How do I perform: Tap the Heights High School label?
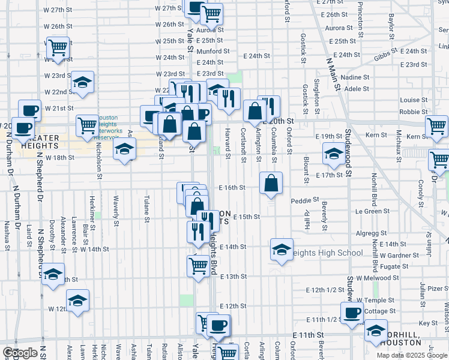[x=327, y=253]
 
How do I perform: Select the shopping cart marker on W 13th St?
[x=198, y=265]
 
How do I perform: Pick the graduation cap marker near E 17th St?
[x=334, y=154]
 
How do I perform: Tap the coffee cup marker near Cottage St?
[x=352, y=313]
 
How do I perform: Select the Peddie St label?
[x=304, y=200]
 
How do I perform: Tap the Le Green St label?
[x=373, y=211]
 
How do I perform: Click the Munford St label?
[x=213, y=52]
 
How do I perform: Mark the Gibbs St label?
[x=386, y=56]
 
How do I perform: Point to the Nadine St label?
[x=355, y=77]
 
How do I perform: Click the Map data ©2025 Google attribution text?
[x=411, y=355]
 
